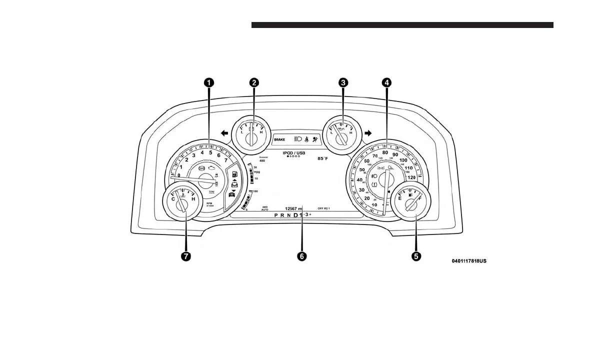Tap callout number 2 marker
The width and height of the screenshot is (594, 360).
pos(254,82)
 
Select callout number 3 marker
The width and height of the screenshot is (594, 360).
pos(342,82)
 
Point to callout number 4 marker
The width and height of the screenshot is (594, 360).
pos(386,82)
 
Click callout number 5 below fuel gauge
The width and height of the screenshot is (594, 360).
pos(416,256)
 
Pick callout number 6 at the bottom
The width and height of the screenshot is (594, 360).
pos(301,256)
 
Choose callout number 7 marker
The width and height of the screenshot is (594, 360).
pos(186,256)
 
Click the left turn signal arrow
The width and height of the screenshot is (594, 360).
pos(224,133)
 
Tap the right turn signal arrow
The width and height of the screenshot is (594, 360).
pos(368,133)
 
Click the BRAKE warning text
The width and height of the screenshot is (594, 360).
pos(280,140)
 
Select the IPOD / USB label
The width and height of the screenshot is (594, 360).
pos(294,152)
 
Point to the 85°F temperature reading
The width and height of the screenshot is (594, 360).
pos(323,158)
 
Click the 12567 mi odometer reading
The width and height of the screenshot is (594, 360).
pos(293,208)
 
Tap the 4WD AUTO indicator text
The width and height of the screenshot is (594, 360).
pos(265,208)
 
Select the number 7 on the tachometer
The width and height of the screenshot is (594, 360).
pos(226,161)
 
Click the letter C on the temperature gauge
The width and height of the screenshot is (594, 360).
pos(173,199)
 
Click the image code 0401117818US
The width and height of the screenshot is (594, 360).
pos(469,261)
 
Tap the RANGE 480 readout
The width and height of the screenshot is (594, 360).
pos(263,159)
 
